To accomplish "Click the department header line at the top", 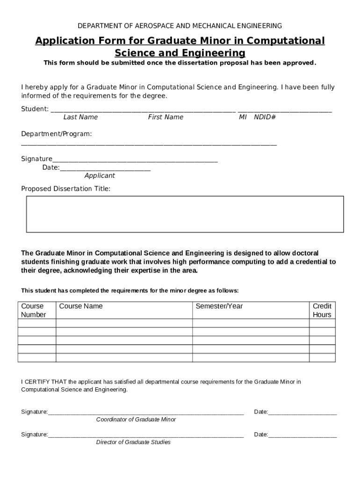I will click(x=180, y=25).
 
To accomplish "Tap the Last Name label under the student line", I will click(x=80, y=117).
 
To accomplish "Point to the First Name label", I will click(x=166, y=117).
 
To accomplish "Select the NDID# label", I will click(x=265, y=117).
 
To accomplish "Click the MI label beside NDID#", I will click(x=243, y=117).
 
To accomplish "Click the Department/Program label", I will click(x=56, y=134).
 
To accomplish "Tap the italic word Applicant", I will click(x=99, y=176).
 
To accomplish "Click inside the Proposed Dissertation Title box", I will click(x=185, y=214).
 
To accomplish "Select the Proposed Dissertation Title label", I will click(x=65, y=189).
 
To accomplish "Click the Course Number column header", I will click(x=33, y=311).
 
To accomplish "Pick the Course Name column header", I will click(x=80, y=306).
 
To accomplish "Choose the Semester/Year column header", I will click(x=219, y=306).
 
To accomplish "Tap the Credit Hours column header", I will click(x=322, y=311).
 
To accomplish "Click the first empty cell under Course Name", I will click(x=124, y=323).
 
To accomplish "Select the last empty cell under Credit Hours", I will click(x=322, y=358).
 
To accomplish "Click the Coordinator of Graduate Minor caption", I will click(x=136, y=420).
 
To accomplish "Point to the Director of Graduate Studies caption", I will click(x=133, y=442).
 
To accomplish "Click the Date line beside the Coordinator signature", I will click(x=302, y=412).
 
